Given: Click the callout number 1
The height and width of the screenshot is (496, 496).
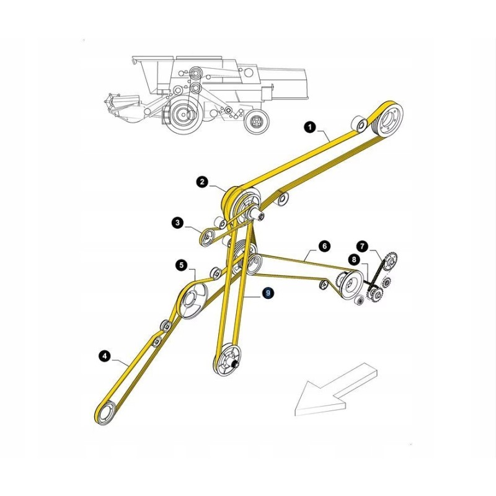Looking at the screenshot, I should click(x=309, y=127).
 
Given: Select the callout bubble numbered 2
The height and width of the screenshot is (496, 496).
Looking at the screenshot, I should click(x=202, y=182).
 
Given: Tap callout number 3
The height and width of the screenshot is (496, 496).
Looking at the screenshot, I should click(x=177, y=222).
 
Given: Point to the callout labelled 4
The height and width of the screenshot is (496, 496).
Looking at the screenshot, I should click(x=105, y=355).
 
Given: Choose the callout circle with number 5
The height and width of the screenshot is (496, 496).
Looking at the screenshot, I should click(x=182, y=265).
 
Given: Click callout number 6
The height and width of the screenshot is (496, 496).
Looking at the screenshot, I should click(x=324, y=246).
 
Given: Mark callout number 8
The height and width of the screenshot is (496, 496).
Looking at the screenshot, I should click(x=353, y=259).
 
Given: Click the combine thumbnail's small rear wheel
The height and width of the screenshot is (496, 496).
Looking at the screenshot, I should click(x=255, y=122).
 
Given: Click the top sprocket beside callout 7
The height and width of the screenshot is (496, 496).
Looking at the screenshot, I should click(x=389, y=260).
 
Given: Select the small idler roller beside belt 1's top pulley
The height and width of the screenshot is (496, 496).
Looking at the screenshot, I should click(x=358, y=123).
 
